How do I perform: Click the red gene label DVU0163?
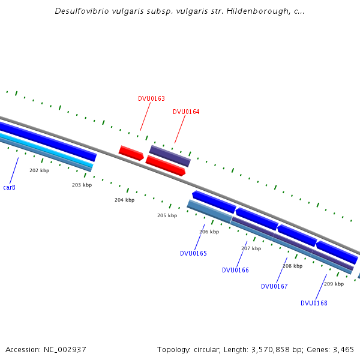pos(151,98)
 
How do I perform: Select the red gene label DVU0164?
pos(186,112)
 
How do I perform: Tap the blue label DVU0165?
pos(193,253)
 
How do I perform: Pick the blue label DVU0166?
pos(235,270)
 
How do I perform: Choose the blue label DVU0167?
pos(274,286)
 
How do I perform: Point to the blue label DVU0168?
pos(314,303)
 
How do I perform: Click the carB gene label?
pos(9,188)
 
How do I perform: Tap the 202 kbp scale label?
pos(40,170)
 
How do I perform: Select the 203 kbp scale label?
pos(82,185)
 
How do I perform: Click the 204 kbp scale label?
pos(124,200)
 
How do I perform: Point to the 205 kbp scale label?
pos(167,215)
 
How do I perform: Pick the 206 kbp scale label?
pos(209,232)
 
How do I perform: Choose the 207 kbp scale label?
pos(251,248)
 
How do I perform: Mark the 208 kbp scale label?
pos(292,266)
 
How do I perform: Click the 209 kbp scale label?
pos(334,284)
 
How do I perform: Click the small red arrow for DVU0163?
pos(131,153)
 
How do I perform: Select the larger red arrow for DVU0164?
pos(165,165)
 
